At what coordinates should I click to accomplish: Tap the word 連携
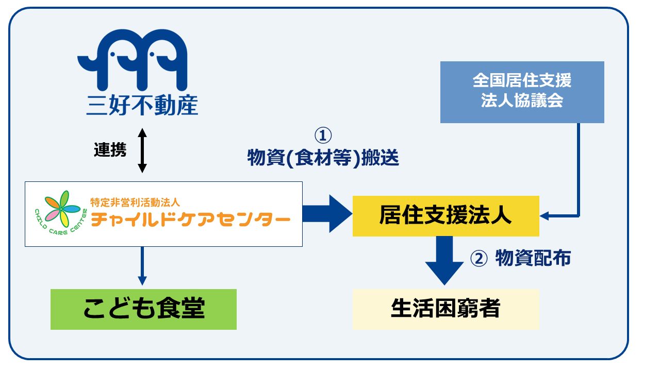click(110, 149)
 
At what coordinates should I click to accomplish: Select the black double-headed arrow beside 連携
click(142, 150)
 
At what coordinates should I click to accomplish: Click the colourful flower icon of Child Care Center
click(57, 210)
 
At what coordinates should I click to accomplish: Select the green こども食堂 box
click(143, 309)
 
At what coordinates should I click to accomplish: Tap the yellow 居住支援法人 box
click(445, 216)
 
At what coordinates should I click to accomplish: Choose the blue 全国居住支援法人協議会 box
click(522, 92)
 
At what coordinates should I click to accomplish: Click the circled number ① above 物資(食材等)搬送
click(323, 136)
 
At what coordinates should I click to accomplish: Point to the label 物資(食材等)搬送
click(323, 158)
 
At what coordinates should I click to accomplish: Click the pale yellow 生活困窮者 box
click(445, 309)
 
